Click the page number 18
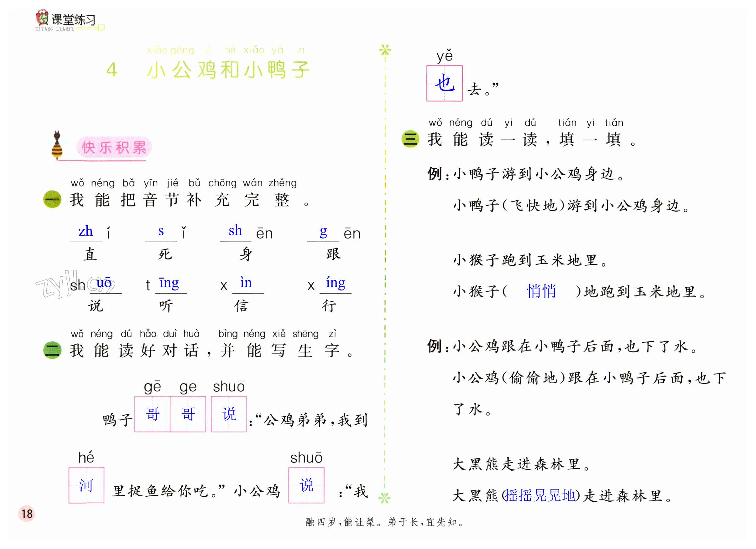pos(27,513)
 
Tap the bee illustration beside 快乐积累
pos(57,146)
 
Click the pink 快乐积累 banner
pos(114,147)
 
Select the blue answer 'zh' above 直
pos(85,231)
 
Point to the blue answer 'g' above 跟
pos(323,231)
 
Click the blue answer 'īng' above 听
pos(169,283)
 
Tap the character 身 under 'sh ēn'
pos(246,254)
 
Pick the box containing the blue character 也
pos(444,83)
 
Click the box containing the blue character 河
pos(86,485)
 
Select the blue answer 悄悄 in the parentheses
pos(541,291)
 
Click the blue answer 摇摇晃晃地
pos(540,495)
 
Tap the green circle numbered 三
pos(410,139)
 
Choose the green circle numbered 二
pos(52,350)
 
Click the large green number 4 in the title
pos(112,70)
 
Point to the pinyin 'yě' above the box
pos(445,56)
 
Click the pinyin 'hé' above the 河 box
pos(86,457)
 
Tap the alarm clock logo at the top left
pos(42,18)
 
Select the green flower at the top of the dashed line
pos(385,50)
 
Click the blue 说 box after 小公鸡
pos(306,485)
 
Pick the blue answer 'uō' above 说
pos(104,283)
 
